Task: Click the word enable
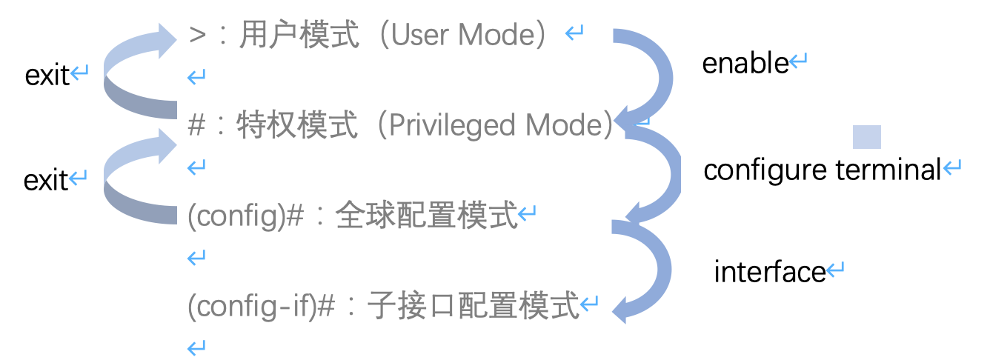tap(745, 64)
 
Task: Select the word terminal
tap(888, 170)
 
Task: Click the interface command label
tap(769, 273)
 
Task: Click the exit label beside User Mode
tap(47, 75)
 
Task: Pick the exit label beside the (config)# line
tap(46, 180)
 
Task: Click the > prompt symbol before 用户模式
tap(197, 35)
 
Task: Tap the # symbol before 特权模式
tap(196, 126)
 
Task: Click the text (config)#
tap(247, 216)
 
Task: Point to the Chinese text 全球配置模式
tap(426, 216)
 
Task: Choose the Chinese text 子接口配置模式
tap(473, 307)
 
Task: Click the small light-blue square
tap(866, 137)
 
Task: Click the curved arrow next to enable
tap(658, 74)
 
